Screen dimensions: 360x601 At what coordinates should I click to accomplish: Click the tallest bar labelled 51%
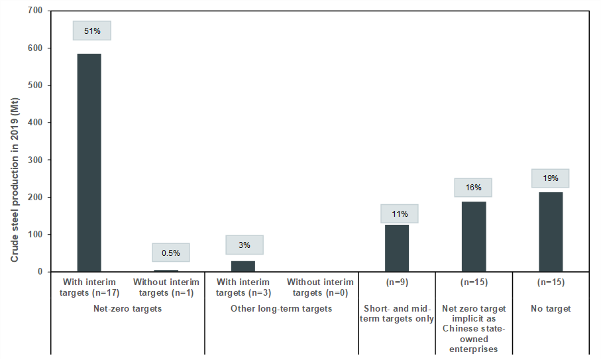click(x=89, y=162)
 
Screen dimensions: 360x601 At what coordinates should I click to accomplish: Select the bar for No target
click(x=551, y=231)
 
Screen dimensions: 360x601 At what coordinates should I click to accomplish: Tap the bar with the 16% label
click(x=474, y=236)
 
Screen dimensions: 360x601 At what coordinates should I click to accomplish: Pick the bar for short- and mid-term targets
click(x=397, y=248)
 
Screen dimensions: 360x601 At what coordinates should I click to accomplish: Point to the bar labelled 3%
click(x=243, y=266)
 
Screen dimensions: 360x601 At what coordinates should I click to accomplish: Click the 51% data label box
click(x=92, y=30)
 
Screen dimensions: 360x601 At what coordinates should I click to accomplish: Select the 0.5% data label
click(x=170, y=253)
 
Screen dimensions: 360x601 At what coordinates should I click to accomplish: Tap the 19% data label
click(x=551, y=178)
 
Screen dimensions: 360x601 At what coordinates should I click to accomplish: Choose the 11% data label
click(x=400, y=213)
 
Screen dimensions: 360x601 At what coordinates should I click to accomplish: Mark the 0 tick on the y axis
click(x=40, y=272)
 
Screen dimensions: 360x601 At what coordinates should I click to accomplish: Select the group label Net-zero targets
click(x=128, y=308)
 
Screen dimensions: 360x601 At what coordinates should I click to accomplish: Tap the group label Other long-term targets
click(x=282, y=308)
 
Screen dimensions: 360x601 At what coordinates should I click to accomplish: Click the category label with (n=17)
click(x=89, y=287)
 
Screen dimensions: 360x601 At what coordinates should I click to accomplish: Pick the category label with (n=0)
click(x=320, y=287)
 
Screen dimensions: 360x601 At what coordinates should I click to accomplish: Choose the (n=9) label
click(x=397, y=282)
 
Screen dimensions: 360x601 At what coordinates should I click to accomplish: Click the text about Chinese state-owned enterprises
click(x=474, y=328)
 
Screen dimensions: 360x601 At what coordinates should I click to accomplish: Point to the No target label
click(x=551, y=308)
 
